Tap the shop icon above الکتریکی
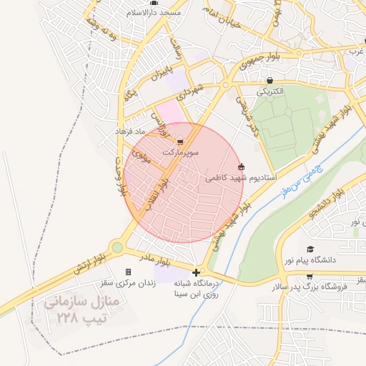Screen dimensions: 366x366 tap(269, 81)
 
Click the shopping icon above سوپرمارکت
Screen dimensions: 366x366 tap(179, 142)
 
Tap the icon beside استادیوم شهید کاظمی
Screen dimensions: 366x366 tap(241, 166)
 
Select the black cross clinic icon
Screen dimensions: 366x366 tap(197, 272)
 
